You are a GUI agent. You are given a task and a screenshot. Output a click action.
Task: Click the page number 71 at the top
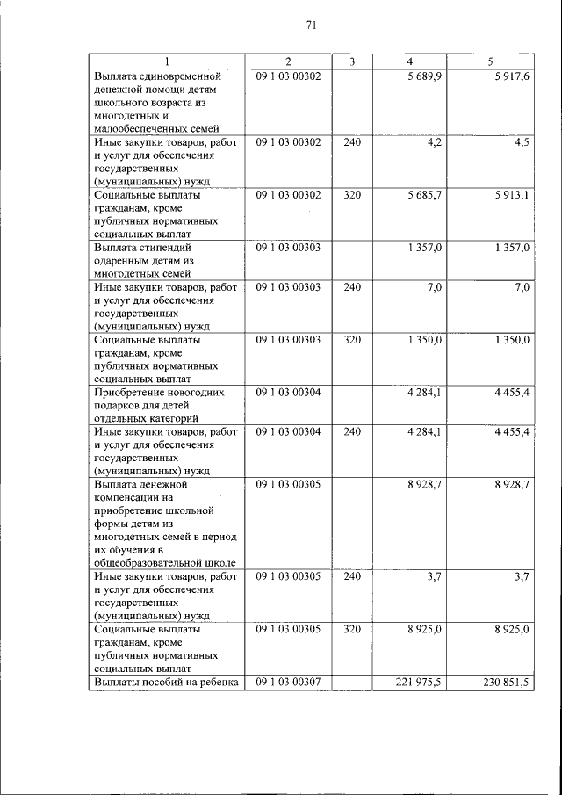point(311,25)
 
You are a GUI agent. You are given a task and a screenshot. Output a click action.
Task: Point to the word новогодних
point(191,391)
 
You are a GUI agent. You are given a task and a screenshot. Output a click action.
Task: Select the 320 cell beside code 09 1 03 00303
point(351,339)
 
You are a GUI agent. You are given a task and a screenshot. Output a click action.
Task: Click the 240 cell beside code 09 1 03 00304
point(351,432)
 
